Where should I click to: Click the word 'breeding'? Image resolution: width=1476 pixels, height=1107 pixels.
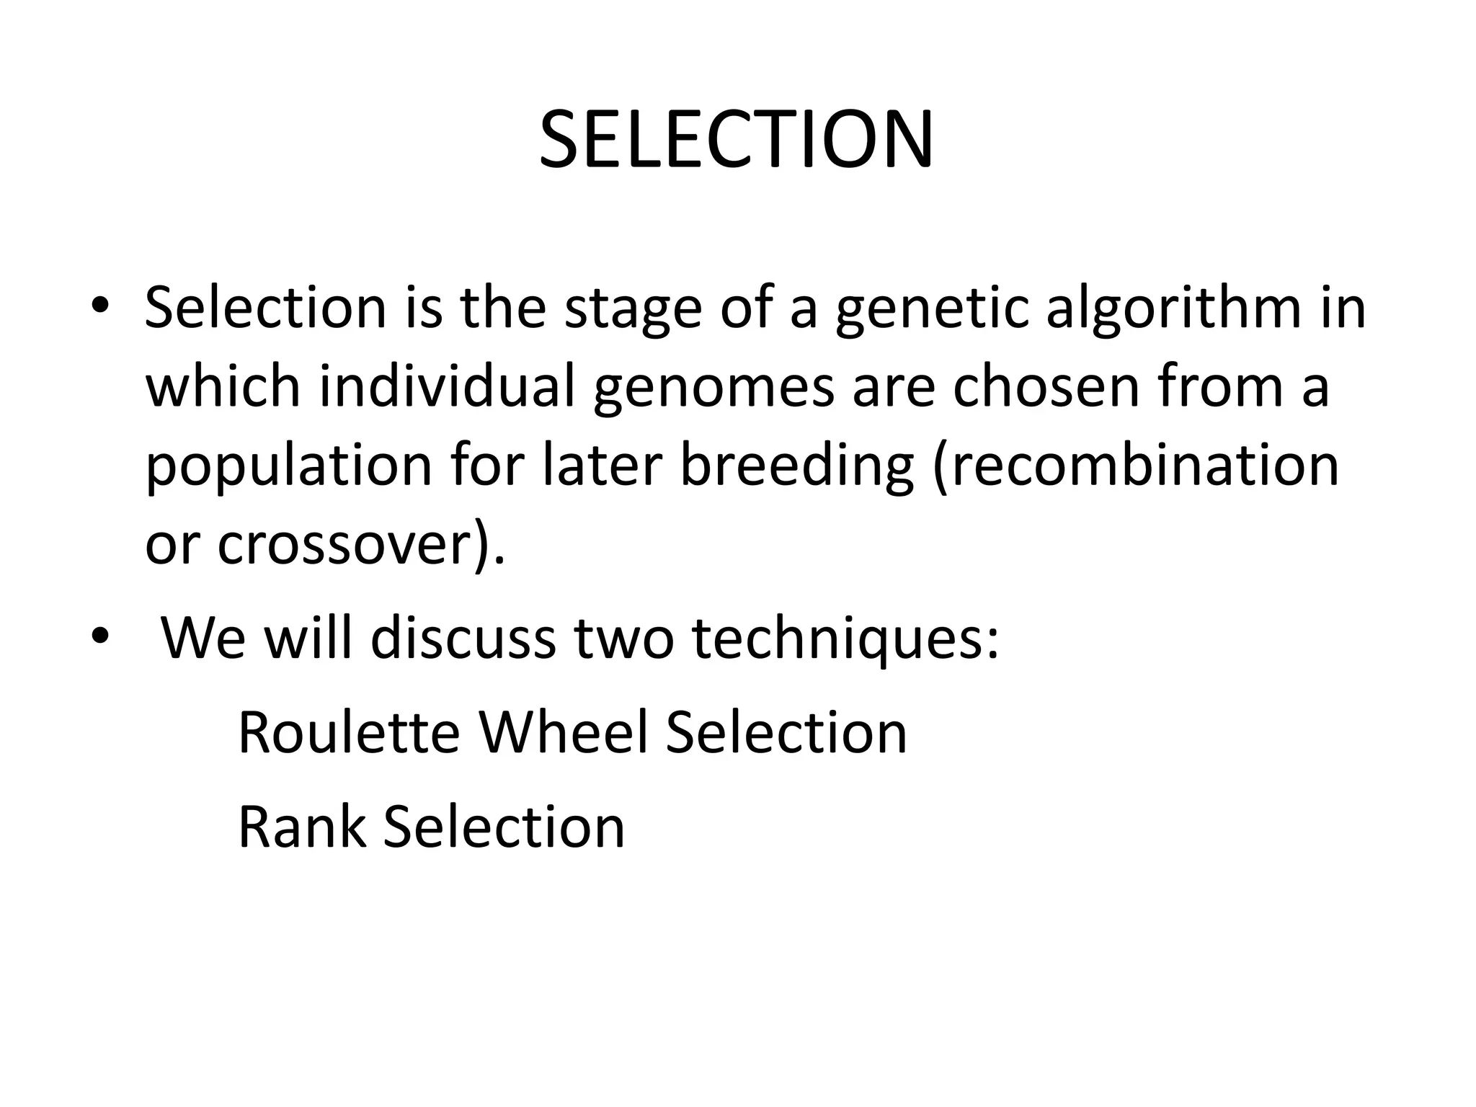pos(796,466)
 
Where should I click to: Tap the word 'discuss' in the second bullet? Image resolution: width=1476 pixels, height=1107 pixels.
pos(463,637)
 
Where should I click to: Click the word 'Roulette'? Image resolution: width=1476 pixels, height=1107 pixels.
pos(349,732)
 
